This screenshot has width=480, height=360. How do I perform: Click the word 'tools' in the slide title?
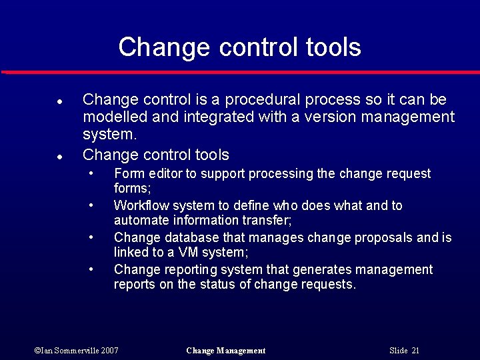(x=334, y=47)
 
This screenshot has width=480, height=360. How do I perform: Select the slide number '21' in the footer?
(x=415, y=351)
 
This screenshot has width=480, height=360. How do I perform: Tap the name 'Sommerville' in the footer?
(x=75, y=351)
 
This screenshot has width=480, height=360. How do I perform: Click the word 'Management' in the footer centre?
(x=239, y=351)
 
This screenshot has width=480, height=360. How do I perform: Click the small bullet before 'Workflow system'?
(x=91, y=205)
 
